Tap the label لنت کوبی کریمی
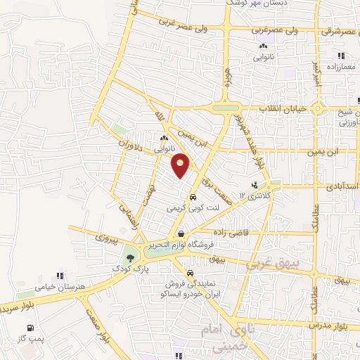192,209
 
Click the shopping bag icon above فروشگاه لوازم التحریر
181,234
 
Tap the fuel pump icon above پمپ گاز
29,328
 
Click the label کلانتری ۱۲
255,195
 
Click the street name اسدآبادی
340,188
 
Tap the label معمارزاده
341,67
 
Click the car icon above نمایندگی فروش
190,274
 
